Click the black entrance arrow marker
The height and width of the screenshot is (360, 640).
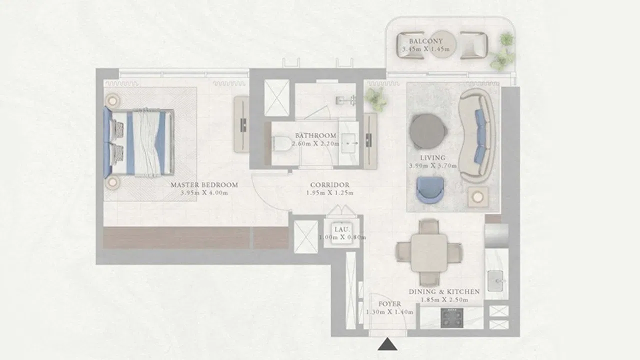tap(387, 344)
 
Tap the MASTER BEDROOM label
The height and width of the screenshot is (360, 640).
tap(204, 185)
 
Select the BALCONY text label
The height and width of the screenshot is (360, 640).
tap(425, 41)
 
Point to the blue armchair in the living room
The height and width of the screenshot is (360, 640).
tap(430, 189)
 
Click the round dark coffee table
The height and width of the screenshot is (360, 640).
tap(427, 131)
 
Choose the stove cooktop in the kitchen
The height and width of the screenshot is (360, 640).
tap(451, 317)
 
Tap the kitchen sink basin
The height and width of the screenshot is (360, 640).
tap(495, 281)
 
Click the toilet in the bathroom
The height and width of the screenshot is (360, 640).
tap(281, 143)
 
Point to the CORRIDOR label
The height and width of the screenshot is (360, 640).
tap(329, 185)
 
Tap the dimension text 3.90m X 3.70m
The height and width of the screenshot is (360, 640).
tap(432, 165)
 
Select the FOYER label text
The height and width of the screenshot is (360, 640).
tap(389, 304)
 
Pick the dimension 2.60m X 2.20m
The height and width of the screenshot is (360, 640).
tap(315, 143)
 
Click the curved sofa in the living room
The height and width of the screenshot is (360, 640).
tap(476, 135)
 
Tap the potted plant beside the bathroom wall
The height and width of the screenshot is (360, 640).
tap(375, 99)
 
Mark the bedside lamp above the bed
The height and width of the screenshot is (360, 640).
tap(112, 100)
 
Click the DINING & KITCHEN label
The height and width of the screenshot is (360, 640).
tap(444, 291)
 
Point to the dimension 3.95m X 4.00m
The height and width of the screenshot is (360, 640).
tap(204, 193)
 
